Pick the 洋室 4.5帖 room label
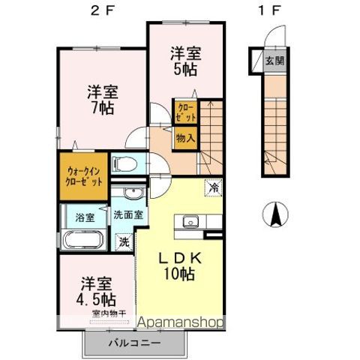coord(95,290)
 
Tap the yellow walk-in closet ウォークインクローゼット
coord(82,176)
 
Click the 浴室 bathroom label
coord(84,217)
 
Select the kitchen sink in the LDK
coord(190,220)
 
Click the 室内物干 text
coord(109,313)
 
